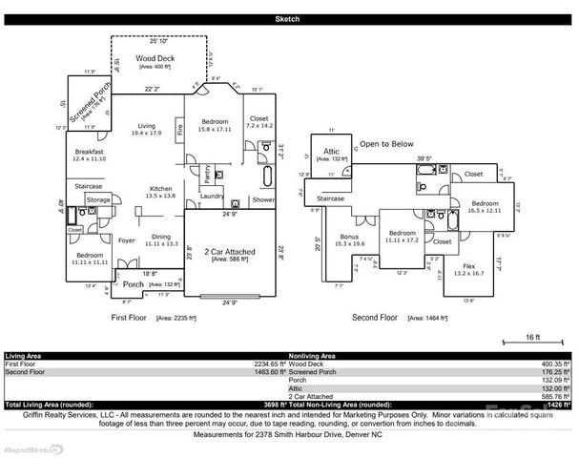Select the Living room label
[x=146, y=125]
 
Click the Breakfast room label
[x=91, y=153]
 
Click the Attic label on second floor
[x=332, y=151]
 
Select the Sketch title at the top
[x=288, y=19]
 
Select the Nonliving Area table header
[x=316, y=355]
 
